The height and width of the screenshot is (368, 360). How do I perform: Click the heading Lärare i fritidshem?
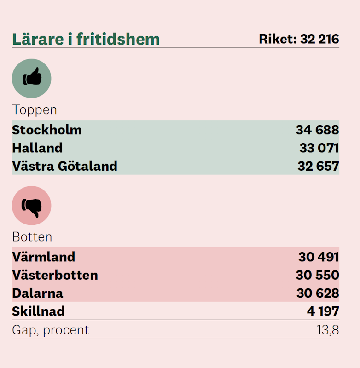click(86, 39)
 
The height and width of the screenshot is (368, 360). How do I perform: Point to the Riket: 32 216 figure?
click(299, 39)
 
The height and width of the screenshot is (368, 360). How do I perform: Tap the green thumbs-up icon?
click(31, 78)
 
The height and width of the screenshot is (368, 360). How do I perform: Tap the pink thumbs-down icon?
click(31, 206)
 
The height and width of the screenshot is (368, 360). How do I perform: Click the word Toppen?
click(35, 110)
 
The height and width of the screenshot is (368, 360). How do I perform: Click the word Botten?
click(32, 237)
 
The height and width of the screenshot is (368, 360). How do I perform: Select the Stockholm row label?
click(47, 130)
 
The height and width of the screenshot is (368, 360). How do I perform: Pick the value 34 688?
click(317, 130)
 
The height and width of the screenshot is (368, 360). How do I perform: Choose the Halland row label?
click(37, 148)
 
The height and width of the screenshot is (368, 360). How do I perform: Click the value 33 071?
click(319, 148)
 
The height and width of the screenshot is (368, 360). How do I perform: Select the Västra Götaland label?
click(65, 166)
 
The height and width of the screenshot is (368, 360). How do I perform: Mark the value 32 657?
click(318, 166)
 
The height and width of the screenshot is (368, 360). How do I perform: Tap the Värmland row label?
click(44, 257)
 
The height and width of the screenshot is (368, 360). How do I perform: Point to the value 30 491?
click(319, 257)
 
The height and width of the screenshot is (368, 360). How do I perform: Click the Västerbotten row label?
click(55, 275)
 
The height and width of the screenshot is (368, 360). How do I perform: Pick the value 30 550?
click(318, 275)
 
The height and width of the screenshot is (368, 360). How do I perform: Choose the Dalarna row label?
click(38, 293)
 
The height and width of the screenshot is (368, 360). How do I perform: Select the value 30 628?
click(318, 293)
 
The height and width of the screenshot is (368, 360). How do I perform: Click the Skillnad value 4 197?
click(323, 311)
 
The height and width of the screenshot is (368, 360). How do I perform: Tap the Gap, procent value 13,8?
click(328, 330)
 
